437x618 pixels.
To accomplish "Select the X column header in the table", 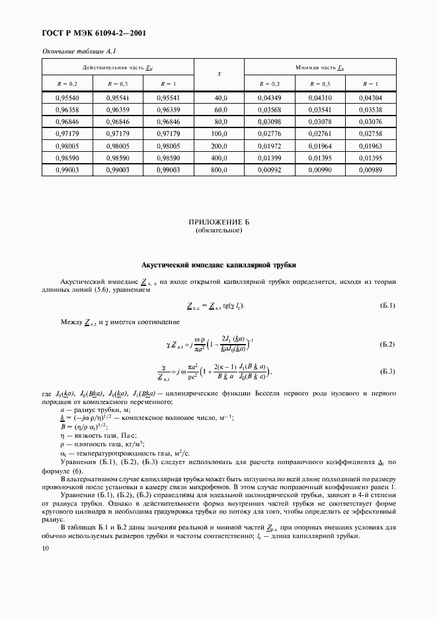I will point(219,74).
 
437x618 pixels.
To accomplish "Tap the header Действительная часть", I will point(118,67).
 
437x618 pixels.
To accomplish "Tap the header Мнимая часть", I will point(320,67).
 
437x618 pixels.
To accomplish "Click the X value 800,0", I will point(219,170).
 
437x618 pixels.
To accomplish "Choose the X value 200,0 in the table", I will point(219,146).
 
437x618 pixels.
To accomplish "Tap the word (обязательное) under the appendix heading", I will point(219,232).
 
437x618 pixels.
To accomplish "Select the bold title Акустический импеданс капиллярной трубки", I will point(219,265).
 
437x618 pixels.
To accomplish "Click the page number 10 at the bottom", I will point(45,548).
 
